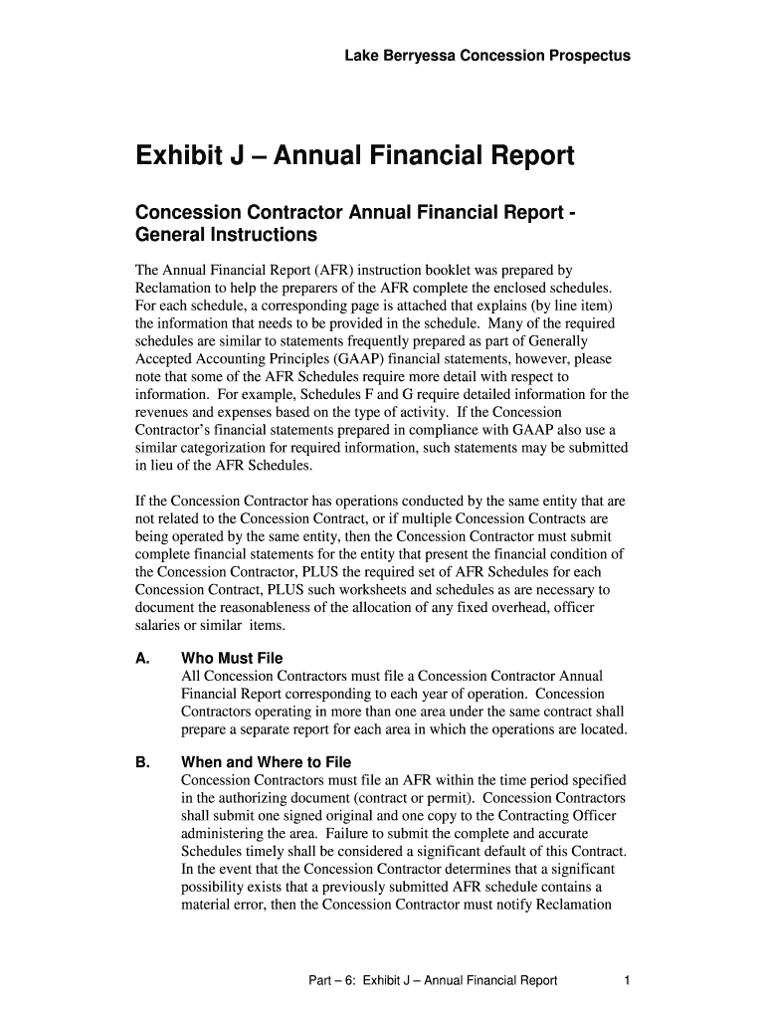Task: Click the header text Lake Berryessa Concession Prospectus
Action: pyautogui.click(x=486, y=57)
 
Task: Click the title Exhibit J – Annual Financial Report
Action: pyautogui.click(x=354, y=156)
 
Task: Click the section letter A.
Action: pyautogui.click(x=141, y=659)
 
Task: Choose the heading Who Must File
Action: pyautogui.click(x=232, y=659)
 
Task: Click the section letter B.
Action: pyautogui.click(x=141, y=762)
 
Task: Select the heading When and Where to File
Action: pyautogui.click(x=266, y=762)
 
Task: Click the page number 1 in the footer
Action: pyautogui.click(x=627, y=981)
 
